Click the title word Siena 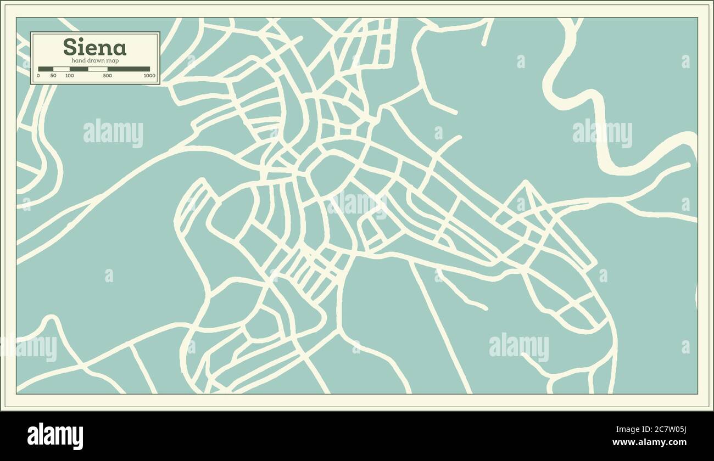(94, 47)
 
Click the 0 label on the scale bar (38, 76)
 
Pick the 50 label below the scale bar (53, 76)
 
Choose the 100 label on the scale (70, 76)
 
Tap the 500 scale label (108, 76)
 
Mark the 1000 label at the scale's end (149, 76)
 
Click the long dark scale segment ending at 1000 (129, 69)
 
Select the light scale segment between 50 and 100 (62, 69)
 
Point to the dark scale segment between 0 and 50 (46, 69)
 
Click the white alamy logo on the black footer (55, 436)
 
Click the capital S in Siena (70, 47)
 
